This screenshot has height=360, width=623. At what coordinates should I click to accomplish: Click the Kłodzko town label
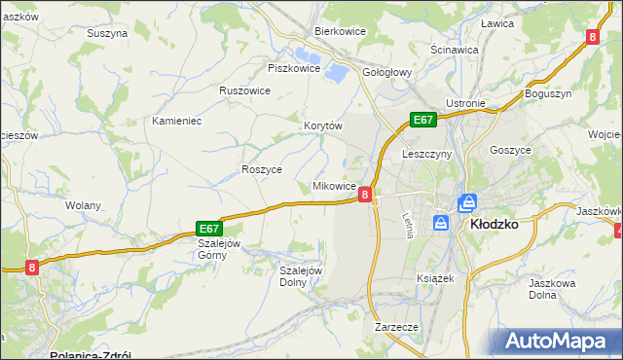pyautogui.click(x=494, y=223)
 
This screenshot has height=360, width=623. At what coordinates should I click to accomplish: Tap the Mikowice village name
pyautogui.click(x=334, y=186)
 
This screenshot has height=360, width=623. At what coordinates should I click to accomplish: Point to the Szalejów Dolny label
pyautogui.click(x=300, y=276)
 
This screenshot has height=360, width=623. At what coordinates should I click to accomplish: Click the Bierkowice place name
pyautogui.click(x=339, y=31)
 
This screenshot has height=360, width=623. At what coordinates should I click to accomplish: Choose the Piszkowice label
pyautogui.click(x=293, y=68)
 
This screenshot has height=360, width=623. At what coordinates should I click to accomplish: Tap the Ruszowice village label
pyautogui.click(x=244, y=90)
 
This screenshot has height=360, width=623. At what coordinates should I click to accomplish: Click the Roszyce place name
pyautogui.click(x=261, y=169)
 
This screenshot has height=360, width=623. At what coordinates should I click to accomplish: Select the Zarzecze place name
pyautogui.click(x=396, y=328)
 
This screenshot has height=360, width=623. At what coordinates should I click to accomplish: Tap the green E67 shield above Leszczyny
pyautogui.click(x=421, y=120)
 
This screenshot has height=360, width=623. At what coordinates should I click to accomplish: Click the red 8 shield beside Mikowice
pyautogui.click(x=364, y=195)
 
